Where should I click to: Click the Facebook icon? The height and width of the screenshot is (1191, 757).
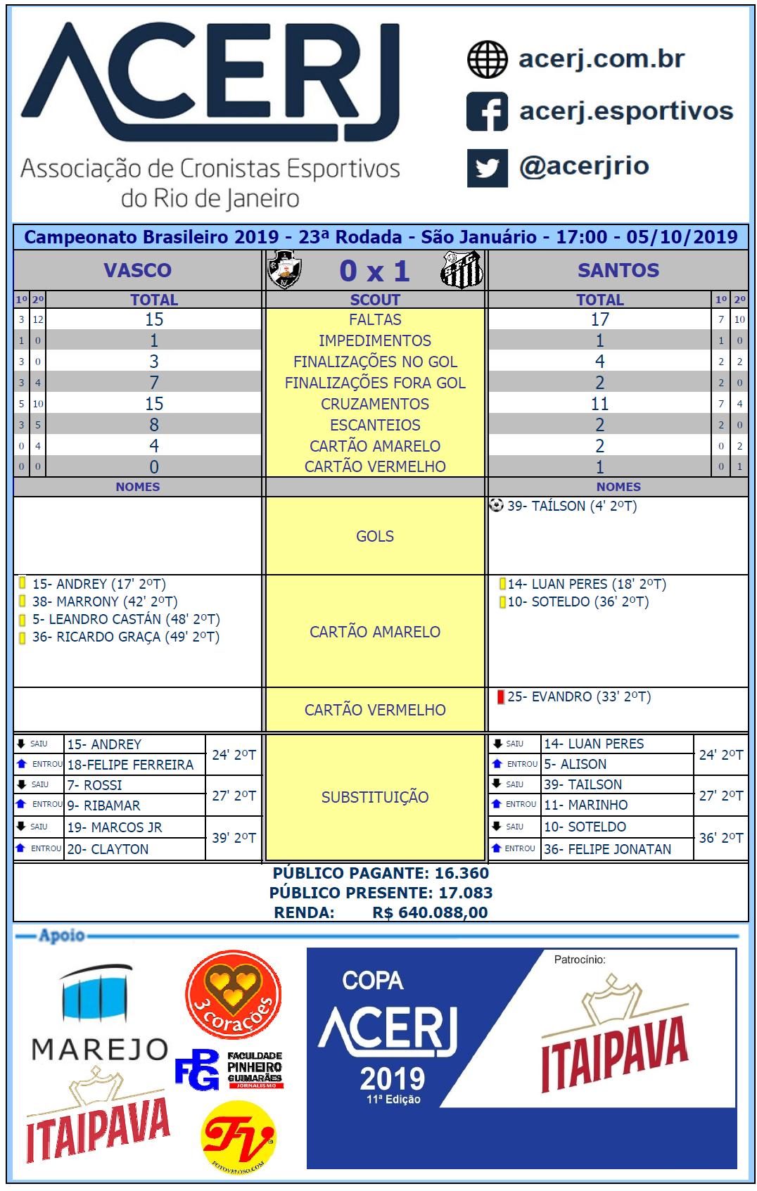click(x=487, y=112)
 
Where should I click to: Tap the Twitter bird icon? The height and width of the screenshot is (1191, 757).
click(x=487, y=168)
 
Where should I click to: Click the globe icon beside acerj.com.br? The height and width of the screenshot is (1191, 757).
click(x=487, y=59)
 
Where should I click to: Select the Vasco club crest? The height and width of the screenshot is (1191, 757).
click(x=284, y=271)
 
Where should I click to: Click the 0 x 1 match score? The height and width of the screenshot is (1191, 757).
click(x=374, y=271)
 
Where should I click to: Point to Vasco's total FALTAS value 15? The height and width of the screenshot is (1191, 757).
click(x=154, y=319)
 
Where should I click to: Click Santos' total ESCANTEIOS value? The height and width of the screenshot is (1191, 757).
click(x=599, y=425)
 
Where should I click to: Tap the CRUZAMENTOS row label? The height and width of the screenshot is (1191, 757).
click(x=375, y=404)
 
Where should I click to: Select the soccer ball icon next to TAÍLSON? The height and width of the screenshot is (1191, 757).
click(x=497, y=505)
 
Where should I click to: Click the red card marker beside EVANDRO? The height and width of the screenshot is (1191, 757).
click(x=501, y=697)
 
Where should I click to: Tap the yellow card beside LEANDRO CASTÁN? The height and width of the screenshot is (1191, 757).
click(x=23, y=620)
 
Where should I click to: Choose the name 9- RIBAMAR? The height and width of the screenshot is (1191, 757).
click(x=104, y=805)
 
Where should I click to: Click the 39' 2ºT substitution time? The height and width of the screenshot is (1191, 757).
click(x=234, y=838)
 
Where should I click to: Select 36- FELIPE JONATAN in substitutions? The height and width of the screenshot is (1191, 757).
click(x=607, y=849)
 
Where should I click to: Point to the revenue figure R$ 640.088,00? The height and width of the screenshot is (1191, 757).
click(x=430, y=912)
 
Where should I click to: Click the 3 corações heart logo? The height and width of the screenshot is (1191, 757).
click(x=234, y=993)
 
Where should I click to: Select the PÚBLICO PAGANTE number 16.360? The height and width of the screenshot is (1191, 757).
click(x=462, y=873)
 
